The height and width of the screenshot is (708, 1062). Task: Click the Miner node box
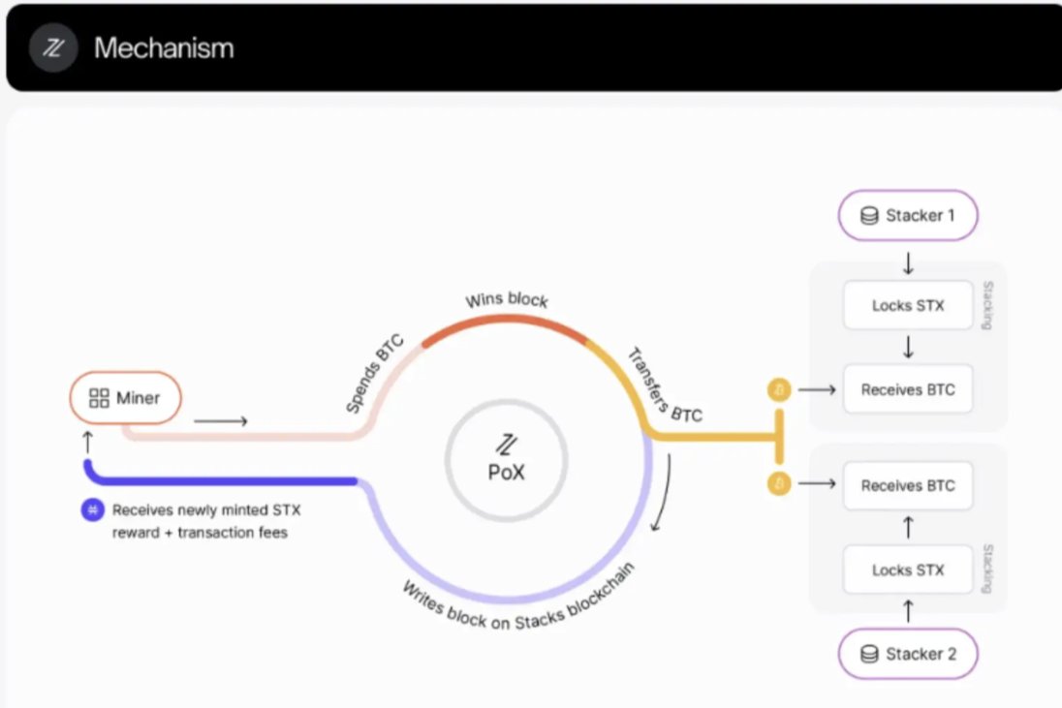click(125, 397)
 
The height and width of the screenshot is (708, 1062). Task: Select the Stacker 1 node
click(908, 215)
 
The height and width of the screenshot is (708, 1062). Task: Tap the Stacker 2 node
click(908, 654)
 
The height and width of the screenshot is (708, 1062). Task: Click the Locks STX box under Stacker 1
click(908, 306)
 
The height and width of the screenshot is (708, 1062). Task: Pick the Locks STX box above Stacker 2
click(908, 569)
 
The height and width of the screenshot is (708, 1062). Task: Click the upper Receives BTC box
click(908, 389)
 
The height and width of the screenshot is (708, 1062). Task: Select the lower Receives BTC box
click(908, 485)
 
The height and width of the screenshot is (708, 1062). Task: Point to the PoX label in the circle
click(506, 475)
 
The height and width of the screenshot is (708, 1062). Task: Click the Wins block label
click(507, 299)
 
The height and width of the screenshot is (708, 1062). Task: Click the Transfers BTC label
click(665, 385)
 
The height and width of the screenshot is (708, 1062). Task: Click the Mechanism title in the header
click(164, 48)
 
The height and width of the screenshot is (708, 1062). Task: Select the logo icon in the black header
click(52, 48)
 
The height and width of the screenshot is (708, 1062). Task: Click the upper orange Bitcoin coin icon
click(779, 389)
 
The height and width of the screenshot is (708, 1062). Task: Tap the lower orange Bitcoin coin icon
click(779, 483)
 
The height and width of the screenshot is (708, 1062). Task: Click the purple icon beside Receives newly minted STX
click(92, 509)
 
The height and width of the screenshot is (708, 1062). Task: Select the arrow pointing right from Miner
click(221, 420)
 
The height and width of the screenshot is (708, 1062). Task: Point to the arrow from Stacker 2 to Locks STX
click(908, 611)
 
